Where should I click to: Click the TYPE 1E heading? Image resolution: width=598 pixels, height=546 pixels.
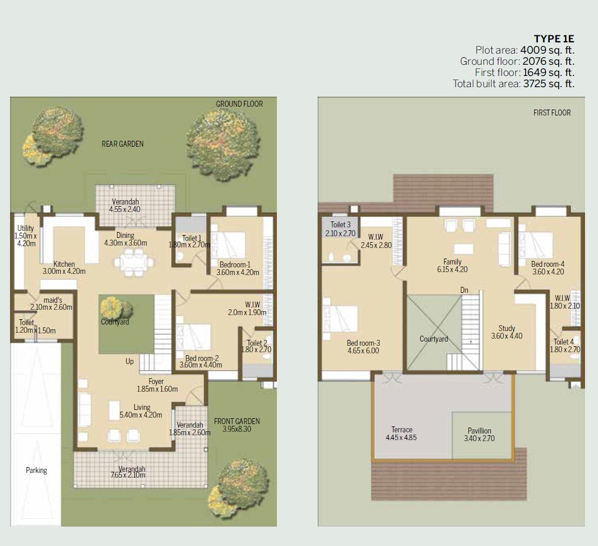(554, 39)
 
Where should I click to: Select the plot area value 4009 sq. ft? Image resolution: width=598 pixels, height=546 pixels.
(547, 50)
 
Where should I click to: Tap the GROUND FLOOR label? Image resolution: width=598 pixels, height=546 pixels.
(239, 104)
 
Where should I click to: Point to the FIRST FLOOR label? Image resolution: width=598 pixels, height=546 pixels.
(552, 112)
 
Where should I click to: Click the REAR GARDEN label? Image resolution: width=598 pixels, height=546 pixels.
(123, 144)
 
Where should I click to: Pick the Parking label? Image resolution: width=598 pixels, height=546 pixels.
(36, 470)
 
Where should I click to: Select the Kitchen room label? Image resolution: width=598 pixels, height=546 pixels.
(64, 264)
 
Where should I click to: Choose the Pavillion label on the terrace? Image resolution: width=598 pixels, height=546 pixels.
(479, 431)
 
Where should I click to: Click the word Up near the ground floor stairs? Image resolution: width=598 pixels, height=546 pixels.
(130, 361)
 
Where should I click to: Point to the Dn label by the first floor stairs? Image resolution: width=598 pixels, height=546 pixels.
(465, 290)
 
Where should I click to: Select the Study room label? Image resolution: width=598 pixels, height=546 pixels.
(506, 329)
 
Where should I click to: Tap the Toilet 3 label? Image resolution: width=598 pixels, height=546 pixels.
(341, 224)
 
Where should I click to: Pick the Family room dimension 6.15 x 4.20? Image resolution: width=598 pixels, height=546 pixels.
(452, 270)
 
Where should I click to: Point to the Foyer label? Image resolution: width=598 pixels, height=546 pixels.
(156, 382)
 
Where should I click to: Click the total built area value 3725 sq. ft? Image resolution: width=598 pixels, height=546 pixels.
(547, 84)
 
